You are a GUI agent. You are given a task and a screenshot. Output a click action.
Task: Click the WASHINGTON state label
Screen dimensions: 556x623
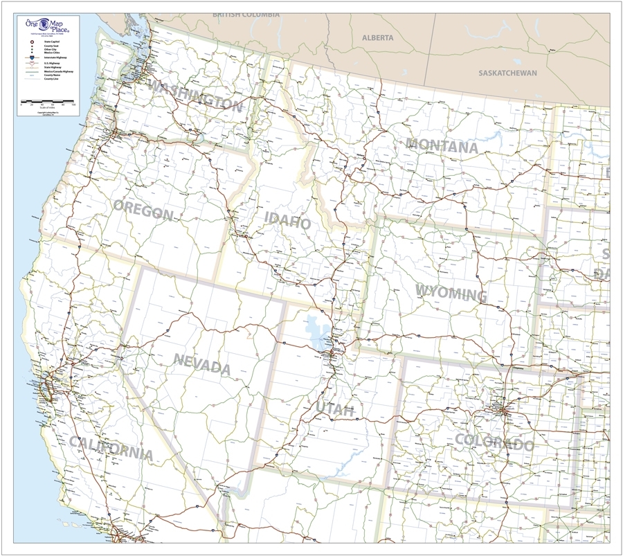point(196,96)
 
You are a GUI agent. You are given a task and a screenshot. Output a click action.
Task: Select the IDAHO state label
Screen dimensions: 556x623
point(287,222)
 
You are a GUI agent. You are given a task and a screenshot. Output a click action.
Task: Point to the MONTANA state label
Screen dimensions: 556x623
point(442,146)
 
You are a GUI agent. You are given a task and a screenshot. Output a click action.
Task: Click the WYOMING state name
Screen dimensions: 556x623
point(451,293)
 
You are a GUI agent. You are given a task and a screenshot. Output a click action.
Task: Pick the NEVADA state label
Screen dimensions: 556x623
point(201,364)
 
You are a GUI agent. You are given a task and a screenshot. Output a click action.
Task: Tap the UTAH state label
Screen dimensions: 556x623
point(335,409)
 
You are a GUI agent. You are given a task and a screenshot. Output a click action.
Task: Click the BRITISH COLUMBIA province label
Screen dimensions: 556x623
point(246,14)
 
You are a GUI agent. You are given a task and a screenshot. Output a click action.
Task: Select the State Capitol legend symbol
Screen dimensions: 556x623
point(32,42)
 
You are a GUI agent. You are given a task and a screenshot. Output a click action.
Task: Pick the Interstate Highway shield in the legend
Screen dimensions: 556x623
point(32,58)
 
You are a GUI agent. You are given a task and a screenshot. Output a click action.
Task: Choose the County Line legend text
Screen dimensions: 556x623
point(51,79)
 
